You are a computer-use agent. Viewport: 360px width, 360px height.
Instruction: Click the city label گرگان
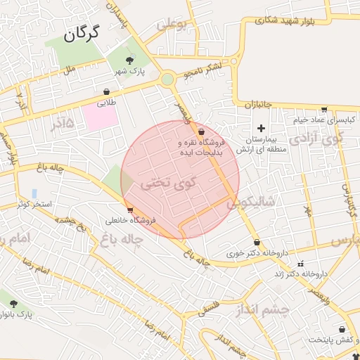coord(83,33)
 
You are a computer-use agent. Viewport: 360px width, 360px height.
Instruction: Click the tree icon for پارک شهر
coord(129,61)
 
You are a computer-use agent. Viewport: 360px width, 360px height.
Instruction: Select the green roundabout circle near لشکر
coord(167,79)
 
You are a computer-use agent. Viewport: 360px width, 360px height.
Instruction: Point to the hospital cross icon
coord(262,127)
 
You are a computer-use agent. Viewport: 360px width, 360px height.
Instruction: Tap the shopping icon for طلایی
coord(106,91)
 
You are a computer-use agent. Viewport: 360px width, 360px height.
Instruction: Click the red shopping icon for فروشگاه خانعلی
coord(129,210)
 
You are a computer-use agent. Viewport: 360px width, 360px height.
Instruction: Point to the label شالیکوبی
coord(250,202)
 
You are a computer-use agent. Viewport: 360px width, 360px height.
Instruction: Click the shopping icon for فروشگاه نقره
coord(202,131)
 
